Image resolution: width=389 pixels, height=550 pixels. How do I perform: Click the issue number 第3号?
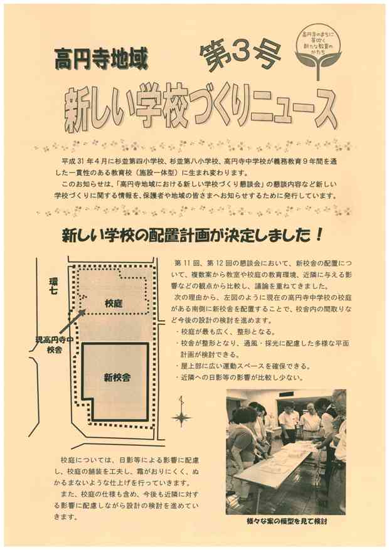[x=241, y=55]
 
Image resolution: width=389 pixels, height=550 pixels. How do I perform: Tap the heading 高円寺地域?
[x=102, y=59]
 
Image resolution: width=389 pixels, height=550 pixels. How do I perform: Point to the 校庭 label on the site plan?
[x=114, y=304]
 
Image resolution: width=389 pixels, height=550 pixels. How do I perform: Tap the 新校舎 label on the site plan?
[x=117, y=378]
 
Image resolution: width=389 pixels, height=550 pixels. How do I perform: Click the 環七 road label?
[x=53, y=286]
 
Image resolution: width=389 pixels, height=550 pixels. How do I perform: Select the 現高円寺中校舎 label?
[x=53, y=344]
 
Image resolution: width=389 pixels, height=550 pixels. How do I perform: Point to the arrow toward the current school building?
[x=72, y=321]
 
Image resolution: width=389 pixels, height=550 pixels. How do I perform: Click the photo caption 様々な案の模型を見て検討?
[x=287, y=522]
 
